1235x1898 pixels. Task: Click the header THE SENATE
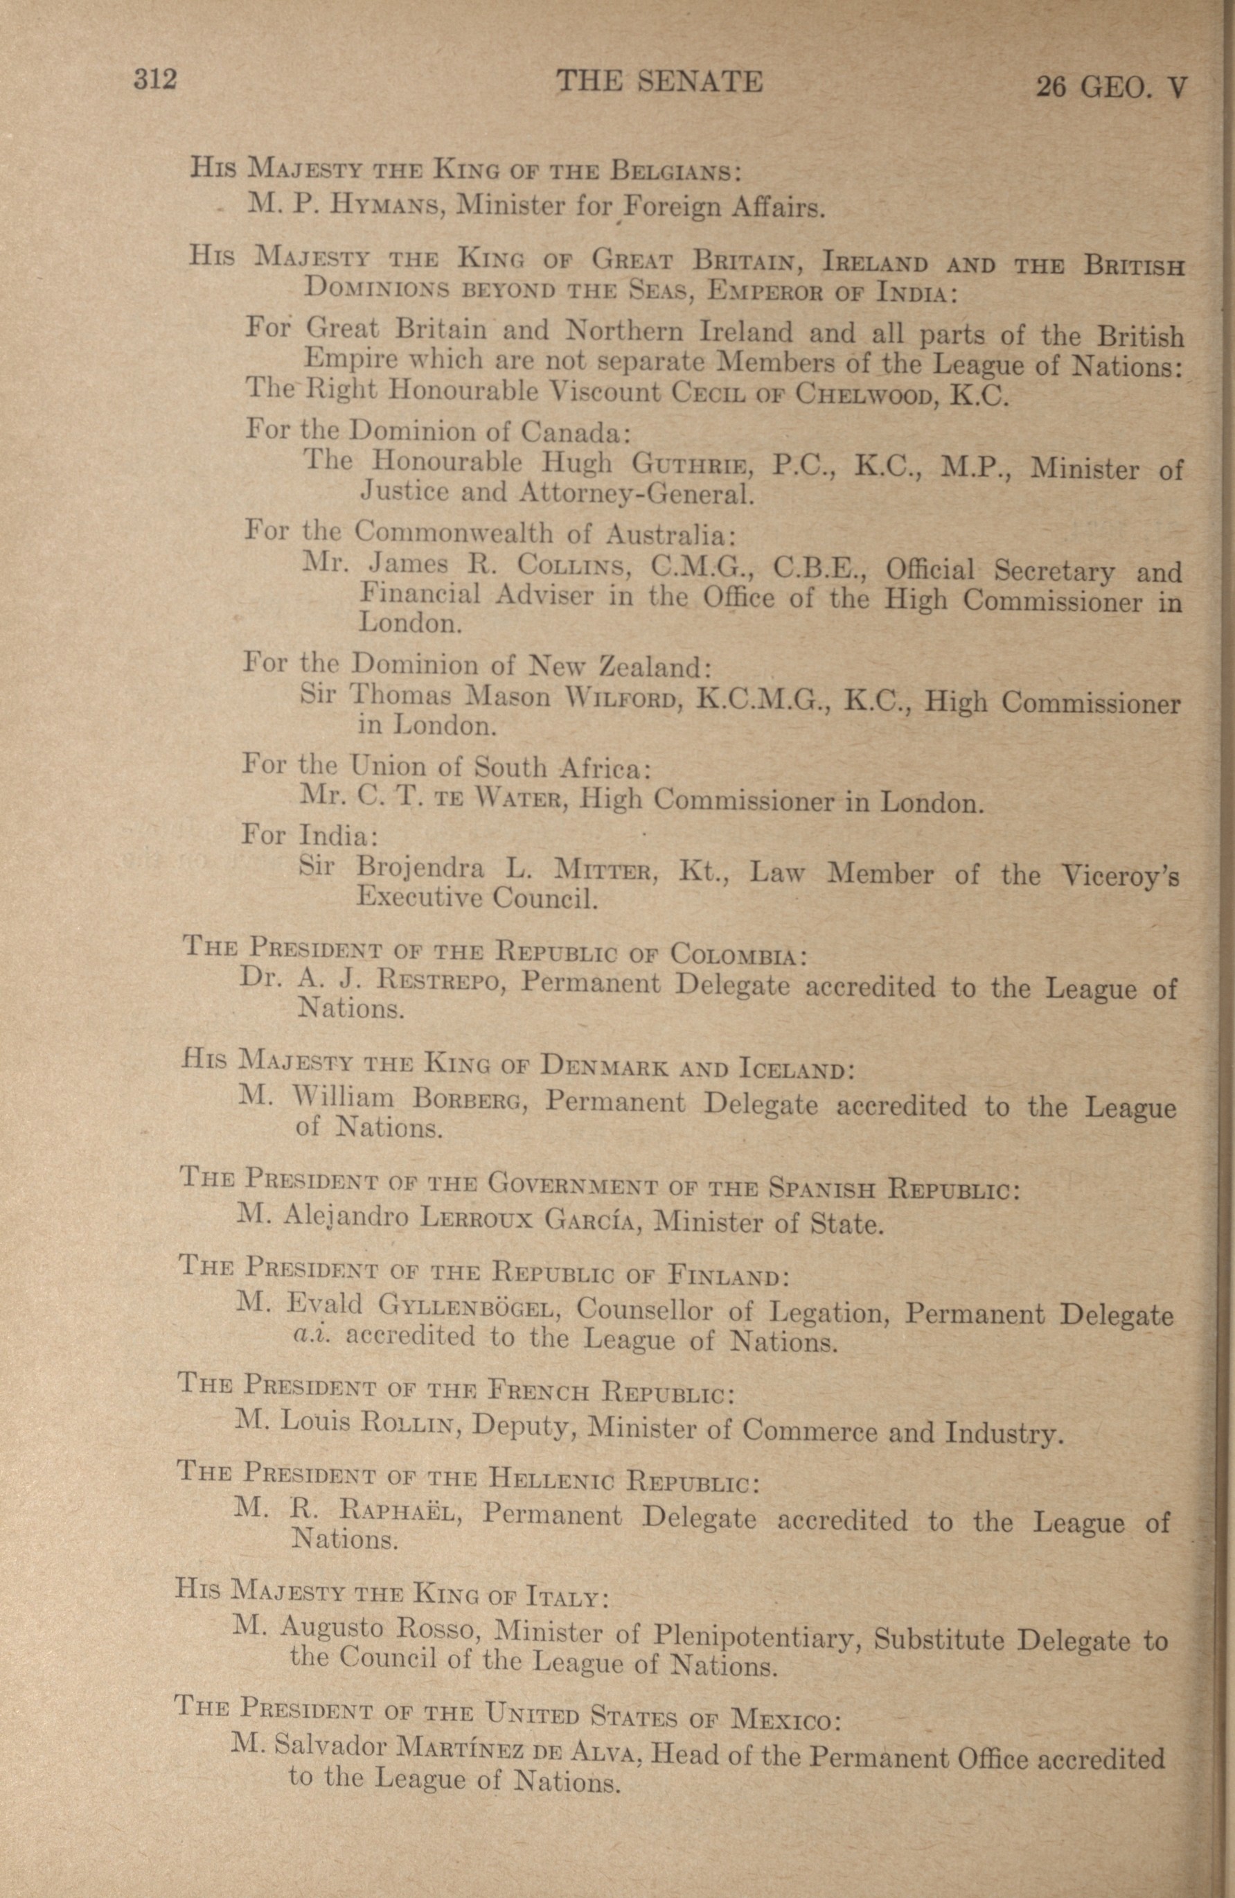659,81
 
